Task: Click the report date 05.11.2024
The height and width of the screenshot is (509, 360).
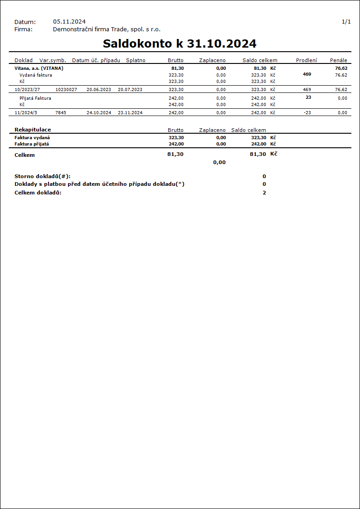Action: coord(69,21)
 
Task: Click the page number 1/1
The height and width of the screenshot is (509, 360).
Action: coord(346,21)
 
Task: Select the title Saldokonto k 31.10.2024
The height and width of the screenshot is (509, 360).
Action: coord(180,44)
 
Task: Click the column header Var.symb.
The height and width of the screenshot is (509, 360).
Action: coord(53,60)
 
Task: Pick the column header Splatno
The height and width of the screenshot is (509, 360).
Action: coord(136,60)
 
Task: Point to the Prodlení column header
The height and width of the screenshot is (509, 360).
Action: coord(306,60)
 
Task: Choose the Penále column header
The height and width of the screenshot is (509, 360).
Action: coord(338,60)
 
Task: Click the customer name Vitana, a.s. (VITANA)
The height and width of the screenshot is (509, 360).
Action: coord(39,68)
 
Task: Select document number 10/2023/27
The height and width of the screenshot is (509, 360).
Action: coord(27,90)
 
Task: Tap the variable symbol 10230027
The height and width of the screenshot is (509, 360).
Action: coord(66,90)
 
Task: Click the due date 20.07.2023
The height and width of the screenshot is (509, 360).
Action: coord(130,90)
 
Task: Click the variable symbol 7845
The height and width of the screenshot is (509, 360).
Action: coord(61,112)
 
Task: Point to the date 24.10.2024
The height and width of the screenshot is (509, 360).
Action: coord(99,112)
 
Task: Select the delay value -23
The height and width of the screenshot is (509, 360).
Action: coord(307,112)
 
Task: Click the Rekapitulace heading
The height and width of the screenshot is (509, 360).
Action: coord(33,130)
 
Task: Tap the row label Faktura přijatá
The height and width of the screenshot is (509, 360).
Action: coord(32,144)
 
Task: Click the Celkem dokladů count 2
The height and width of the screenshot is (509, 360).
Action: coord(264,193)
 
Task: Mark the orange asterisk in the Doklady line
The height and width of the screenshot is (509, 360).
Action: coord(180,184)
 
